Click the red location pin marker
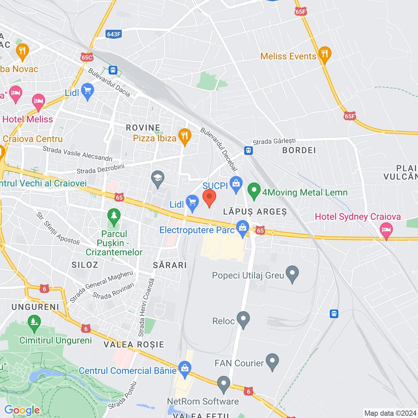[209, 198]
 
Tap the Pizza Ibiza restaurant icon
[185, 137]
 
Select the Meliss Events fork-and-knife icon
[324, 54]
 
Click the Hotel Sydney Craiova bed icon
[386, 230]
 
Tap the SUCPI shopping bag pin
[236, 184]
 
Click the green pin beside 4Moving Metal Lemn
[254, 191]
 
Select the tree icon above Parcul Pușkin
[114, 216]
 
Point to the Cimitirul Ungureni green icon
[34, 322]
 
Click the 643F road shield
[114, 34]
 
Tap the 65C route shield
[87, 57]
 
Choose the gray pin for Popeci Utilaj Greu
[292, 273]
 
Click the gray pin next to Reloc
[243, 319]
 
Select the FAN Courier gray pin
[272, 361]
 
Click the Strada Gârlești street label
[274, 141]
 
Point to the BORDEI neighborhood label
[299, 150]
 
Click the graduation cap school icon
[158, 178]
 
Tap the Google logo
[22, 410]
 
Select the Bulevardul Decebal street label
[218, 149]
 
